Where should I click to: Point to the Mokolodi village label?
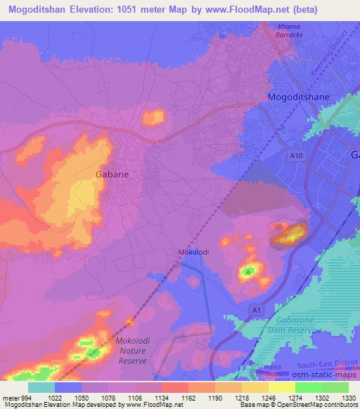tap(190, 252)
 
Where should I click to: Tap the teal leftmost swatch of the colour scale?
tap(41, 387)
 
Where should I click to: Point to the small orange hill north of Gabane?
tap(153, 117)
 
